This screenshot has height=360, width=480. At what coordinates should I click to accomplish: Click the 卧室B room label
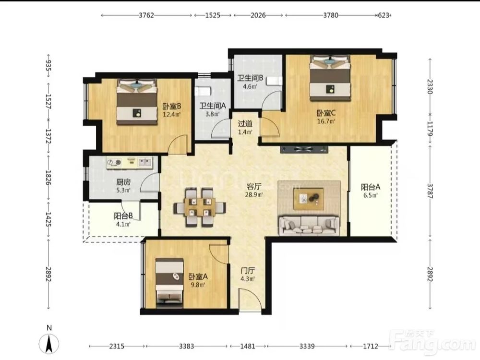(x=172, y=106)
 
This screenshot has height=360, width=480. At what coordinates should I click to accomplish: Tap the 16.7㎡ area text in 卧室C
(x=326, y=121)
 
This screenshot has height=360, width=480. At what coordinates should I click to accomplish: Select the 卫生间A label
(x=213, y=106)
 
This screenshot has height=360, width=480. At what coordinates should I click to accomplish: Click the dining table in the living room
(x=200, y=207)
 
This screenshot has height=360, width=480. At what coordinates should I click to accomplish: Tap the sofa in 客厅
(x=309, y=226)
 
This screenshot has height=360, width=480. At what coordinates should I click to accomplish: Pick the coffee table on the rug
(x=309, y=199)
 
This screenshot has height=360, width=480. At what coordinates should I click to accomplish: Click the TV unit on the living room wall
(x=304, y=149)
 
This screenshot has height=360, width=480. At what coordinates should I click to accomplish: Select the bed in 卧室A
(x=169, y=283)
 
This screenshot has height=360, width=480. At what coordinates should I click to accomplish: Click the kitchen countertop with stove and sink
(x=129, y=163)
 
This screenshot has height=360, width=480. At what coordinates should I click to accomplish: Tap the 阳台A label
(x=371, y=187)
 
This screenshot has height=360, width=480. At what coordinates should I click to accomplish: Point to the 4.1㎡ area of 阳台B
(x=123, y=224)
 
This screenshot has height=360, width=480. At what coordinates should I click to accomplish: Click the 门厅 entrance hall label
(x=248, y=271)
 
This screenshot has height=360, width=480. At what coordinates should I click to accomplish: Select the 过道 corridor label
(x=245, y=124)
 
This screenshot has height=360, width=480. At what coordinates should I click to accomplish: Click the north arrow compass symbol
(x=49, y=343)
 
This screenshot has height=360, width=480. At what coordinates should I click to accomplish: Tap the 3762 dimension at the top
(x=146, y=15)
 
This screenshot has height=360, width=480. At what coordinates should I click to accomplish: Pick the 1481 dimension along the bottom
(x=247, y=346)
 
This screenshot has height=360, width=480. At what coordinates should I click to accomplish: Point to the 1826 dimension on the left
(x=48, y=178)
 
